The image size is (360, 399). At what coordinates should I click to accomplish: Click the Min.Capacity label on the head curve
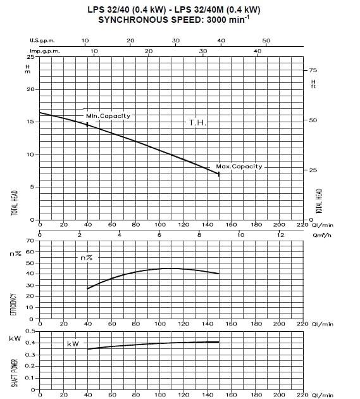(x=108, y=116)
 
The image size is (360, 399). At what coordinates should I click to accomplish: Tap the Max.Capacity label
(x=239, y=167)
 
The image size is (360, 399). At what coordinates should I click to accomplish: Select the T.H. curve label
(x=197, y=123)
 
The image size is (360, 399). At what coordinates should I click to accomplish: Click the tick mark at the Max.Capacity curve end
(x=219, y=174)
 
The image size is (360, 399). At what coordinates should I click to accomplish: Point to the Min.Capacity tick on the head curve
(x=87, y=124)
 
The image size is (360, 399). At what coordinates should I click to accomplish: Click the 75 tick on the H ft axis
(x=306, y=70)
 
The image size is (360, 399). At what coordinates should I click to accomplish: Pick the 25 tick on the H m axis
(x=37, y=57)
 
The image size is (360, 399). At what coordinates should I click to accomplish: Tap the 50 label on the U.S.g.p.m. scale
(x=266, y=41)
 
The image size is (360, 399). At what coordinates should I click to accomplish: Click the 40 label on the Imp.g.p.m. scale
(x=258, y=51)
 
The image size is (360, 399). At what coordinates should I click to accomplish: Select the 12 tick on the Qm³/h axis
(x=280, y=231)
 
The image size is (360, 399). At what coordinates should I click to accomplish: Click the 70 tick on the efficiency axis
(x=37, y=241)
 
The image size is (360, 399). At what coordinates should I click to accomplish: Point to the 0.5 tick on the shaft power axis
(x=37, y=331)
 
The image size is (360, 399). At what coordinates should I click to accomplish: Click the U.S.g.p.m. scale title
(x=42, y=41)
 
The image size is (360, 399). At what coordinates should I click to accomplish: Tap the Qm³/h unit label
(x=322, y=235)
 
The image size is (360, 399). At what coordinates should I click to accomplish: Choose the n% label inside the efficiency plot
(x=87, y=258)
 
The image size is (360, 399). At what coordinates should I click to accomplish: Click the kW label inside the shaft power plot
(x=73, y=344)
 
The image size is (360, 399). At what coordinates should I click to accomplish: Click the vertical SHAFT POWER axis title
(x=15, y=373)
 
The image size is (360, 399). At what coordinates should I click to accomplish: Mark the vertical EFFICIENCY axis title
(x=13, y=305)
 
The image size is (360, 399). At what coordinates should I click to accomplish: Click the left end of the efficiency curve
(x=87, y=289)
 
